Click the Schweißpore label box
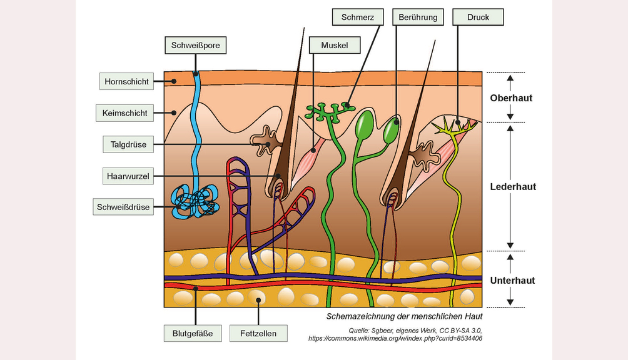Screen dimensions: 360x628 (x=195, y=45)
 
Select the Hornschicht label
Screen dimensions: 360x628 (x=126, y=81)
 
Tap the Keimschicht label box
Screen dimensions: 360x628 (x=125, y=113)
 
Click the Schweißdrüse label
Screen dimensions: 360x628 (x=123, y=207)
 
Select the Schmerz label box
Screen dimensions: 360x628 (x=358, y=17)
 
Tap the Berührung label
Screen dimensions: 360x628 (x=418, y=17)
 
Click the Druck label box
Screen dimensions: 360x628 (x=479, y=17)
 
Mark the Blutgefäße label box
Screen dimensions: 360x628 (x=193, y=334)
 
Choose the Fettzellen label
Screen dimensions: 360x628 (x=258, y=334)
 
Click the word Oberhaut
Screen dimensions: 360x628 (x=512, y=98)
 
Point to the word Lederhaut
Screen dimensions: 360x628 (x=513, y=186)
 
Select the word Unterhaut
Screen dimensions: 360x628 (x=512, y=281)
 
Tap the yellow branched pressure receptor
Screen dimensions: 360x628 (x=455, y=126)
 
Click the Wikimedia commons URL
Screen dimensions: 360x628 (x=395, y=338)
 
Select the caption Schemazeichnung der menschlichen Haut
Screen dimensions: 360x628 (x=404, y=317)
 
